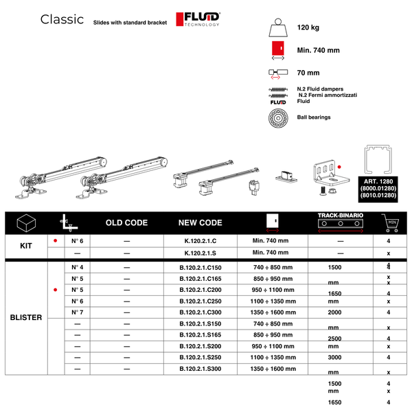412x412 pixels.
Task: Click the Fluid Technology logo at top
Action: (198, 19)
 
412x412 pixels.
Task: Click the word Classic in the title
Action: (62, 19)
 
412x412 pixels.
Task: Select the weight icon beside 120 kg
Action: (278, 28)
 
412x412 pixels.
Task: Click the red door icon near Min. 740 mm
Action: (278, 49)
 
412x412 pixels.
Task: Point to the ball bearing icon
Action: (278, 117)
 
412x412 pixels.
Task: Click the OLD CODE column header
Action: (126, 223)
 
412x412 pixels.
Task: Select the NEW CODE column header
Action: (200, 223)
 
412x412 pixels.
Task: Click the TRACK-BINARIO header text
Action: (340, 215)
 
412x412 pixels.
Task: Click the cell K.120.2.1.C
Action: (200, 241)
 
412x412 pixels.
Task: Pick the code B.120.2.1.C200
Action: (200, 290)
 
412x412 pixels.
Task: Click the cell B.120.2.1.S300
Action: (200, 369)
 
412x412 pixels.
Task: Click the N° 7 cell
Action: (78, 312)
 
